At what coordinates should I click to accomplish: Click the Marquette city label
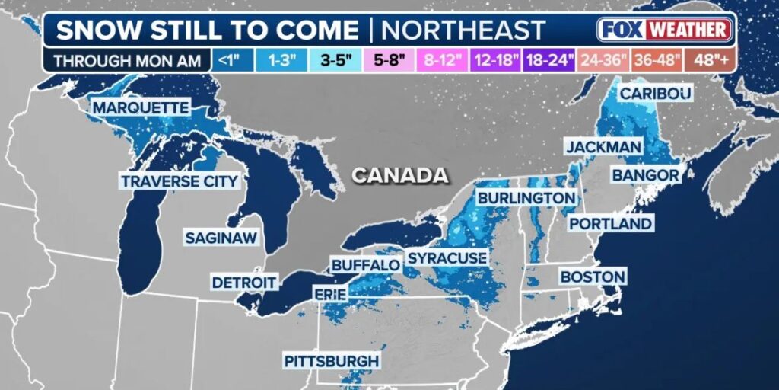click(x=140, y=108)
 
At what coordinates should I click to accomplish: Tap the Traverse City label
click(x=180, y=181)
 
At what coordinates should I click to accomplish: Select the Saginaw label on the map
click(x=221, y=238)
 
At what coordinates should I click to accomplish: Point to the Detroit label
click(x=243, y=282)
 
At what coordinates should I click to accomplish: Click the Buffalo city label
click(x=365, y=265)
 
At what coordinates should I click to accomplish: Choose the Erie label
click(x=330, y=294)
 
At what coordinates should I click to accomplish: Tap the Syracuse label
click(x=447, y=258)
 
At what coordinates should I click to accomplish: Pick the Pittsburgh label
click(x=331, y=360)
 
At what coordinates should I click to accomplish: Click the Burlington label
click(x=526, y=198)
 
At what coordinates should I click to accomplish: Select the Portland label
click(x=610, y=224)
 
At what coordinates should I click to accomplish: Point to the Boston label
click(x=593, y=277)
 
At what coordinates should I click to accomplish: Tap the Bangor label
click(x=645, y=176)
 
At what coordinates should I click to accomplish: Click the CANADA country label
click(x=400, y=175)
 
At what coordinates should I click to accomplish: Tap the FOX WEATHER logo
click(x=665, y=30)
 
